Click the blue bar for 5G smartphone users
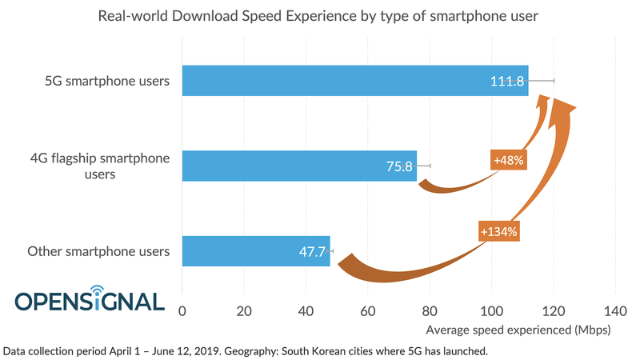click(x=336, y=81)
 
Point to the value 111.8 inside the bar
click(x=507, y=81)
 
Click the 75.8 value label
click(x=398, y=166)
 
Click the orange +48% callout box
click(x=509, y=160)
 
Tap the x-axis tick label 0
click(x=182, y=310)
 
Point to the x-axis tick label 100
click(x=491, y=310)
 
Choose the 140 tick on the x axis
click(x=614, y=310)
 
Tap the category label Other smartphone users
click(x=98, y=252)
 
